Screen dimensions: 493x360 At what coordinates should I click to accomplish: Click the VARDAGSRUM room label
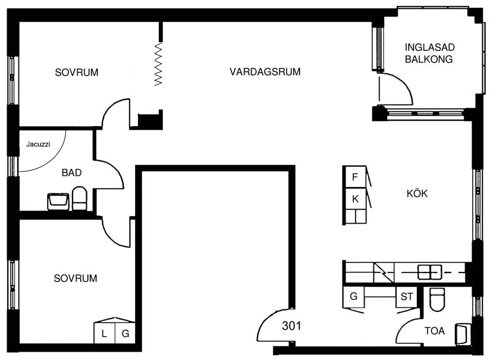265,72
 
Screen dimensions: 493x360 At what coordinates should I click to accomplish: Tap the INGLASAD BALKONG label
429,53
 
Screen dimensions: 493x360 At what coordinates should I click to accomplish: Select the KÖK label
417,193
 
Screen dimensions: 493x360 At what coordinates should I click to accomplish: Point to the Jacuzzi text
38,145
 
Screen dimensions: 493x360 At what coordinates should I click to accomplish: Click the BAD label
72,173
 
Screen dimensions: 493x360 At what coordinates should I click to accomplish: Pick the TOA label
435,331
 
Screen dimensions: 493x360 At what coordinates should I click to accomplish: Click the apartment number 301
291,326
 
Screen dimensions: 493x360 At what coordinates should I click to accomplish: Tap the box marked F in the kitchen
355,177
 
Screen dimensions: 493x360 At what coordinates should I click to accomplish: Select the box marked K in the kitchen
355,199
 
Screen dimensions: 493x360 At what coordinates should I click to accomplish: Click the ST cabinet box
406,297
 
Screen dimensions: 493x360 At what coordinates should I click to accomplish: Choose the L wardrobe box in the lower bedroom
104,333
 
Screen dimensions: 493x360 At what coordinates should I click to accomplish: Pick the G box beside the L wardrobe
125,333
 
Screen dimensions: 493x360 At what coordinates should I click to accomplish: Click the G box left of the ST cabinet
354,296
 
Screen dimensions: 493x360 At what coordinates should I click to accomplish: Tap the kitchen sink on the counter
430,272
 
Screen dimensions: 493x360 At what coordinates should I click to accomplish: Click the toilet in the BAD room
79,198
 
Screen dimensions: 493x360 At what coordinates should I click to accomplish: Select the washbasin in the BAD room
58,201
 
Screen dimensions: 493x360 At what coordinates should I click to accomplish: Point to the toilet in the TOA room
437,299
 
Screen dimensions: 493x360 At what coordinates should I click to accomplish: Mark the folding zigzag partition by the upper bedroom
158,64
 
